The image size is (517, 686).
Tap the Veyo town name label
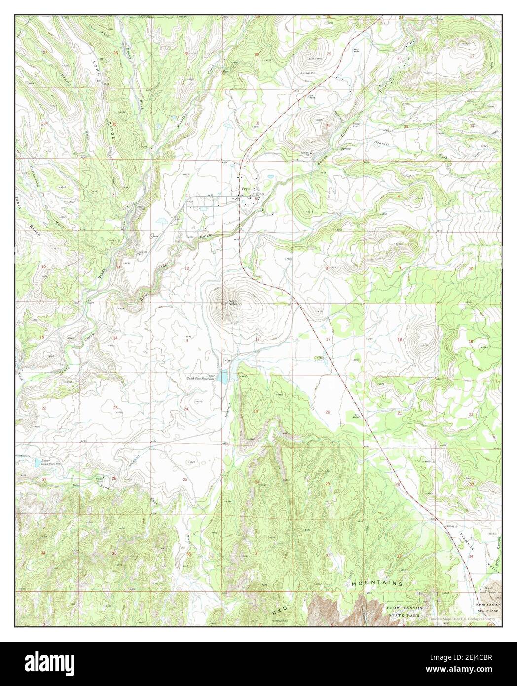[x=246, y=189]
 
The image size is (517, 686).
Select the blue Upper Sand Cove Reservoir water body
[x=224, y=378]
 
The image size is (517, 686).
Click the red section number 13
[x=186, y=340]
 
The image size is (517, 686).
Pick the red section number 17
[x=328, y=339]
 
